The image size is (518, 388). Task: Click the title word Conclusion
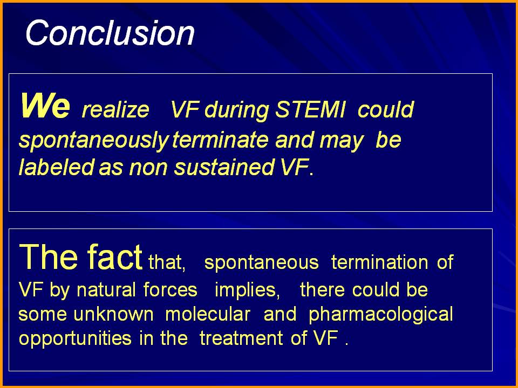[x=110, y=33]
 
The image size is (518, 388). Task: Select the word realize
[x=115, y=110]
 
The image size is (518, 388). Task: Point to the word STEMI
[x=310, y=109]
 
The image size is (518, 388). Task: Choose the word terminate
[x=220, y=140]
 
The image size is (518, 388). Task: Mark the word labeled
[x=57, y=167]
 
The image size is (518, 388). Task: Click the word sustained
[x=224, y=167]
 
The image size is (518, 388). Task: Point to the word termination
[x=379, y=262]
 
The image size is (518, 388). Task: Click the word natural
[x=106, y=290]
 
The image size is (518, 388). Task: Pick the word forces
[x=171, y=290]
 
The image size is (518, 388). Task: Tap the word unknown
[x=114, y=314]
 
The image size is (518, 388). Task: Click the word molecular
[x=207, y=314]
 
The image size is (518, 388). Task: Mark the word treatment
[x=241, y=338]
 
